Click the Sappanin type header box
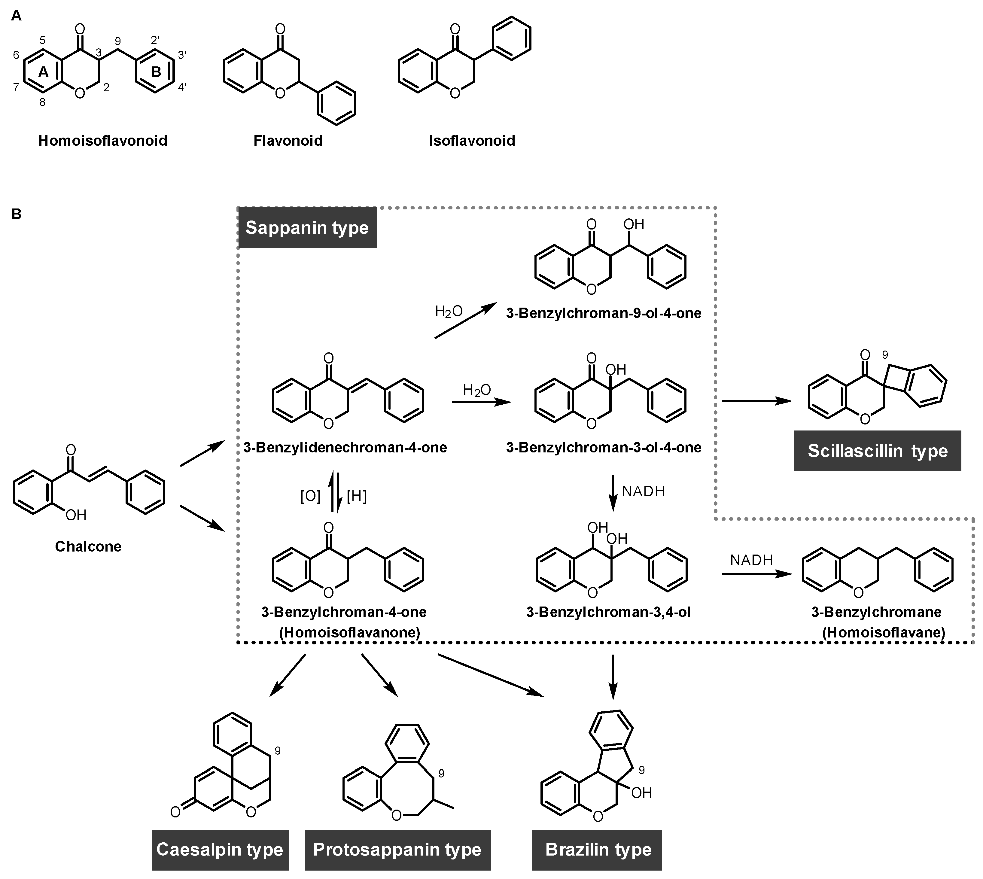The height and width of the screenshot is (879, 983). point(307,227)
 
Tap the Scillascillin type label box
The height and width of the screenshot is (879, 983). point(877,451)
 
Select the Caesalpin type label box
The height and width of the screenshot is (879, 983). point(220,850)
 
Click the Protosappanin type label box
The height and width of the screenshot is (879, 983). point(397,850)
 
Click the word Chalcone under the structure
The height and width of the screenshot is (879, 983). point(88,546)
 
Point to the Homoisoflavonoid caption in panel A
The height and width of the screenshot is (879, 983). point(103,141)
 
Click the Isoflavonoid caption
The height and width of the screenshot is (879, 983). point(472,141)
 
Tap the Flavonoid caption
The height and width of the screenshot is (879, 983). point(288,141)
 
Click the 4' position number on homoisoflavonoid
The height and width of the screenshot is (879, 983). point(182,87)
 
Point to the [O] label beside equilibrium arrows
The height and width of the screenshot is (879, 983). point(310,496)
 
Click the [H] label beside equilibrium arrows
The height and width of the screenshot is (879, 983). point(357,496)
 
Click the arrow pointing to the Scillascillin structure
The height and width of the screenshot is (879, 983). point(756,400)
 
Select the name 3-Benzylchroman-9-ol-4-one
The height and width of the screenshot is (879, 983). point(603,313)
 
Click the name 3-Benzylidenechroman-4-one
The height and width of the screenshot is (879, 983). point(345,447)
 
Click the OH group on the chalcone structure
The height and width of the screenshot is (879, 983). point(76,515)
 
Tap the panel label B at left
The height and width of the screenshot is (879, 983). point(17,214)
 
